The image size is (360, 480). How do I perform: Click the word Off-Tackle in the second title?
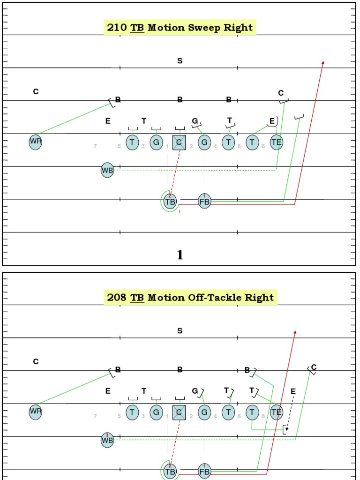[214, 298]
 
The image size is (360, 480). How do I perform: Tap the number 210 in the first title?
[117, 28]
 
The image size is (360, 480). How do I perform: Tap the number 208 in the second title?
[117, 298]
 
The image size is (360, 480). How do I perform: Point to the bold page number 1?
[180, 255]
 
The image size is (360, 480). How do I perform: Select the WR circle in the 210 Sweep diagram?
[36, 142]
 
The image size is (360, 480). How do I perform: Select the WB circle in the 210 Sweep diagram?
[107, 170]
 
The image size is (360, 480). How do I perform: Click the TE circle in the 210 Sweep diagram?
[276, 142]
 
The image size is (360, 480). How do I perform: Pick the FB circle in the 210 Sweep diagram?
[204, 202]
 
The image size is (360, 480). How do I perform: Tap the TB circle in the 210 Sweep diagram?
[170, 202]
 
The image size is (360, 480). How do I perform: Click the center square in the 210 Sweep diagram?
[179, 142]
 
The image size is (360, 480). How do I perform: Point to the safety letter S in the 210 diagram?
[180, 61]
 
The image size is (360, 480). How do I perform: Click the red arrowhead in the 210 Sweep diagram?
[323, 62]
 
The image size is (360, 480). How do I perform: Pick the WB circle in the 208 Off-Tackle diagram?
[107, 440]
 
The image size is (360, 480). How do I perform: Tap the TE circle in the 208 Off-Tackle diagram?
[276, 412]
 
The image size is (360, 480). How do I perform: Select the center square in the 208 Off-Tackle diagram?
[179, 412]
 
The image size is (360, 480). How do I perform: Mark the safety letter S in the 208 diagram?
[180, 331]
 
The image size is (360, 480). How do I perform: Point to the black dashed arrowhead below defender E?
[287, 428]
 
